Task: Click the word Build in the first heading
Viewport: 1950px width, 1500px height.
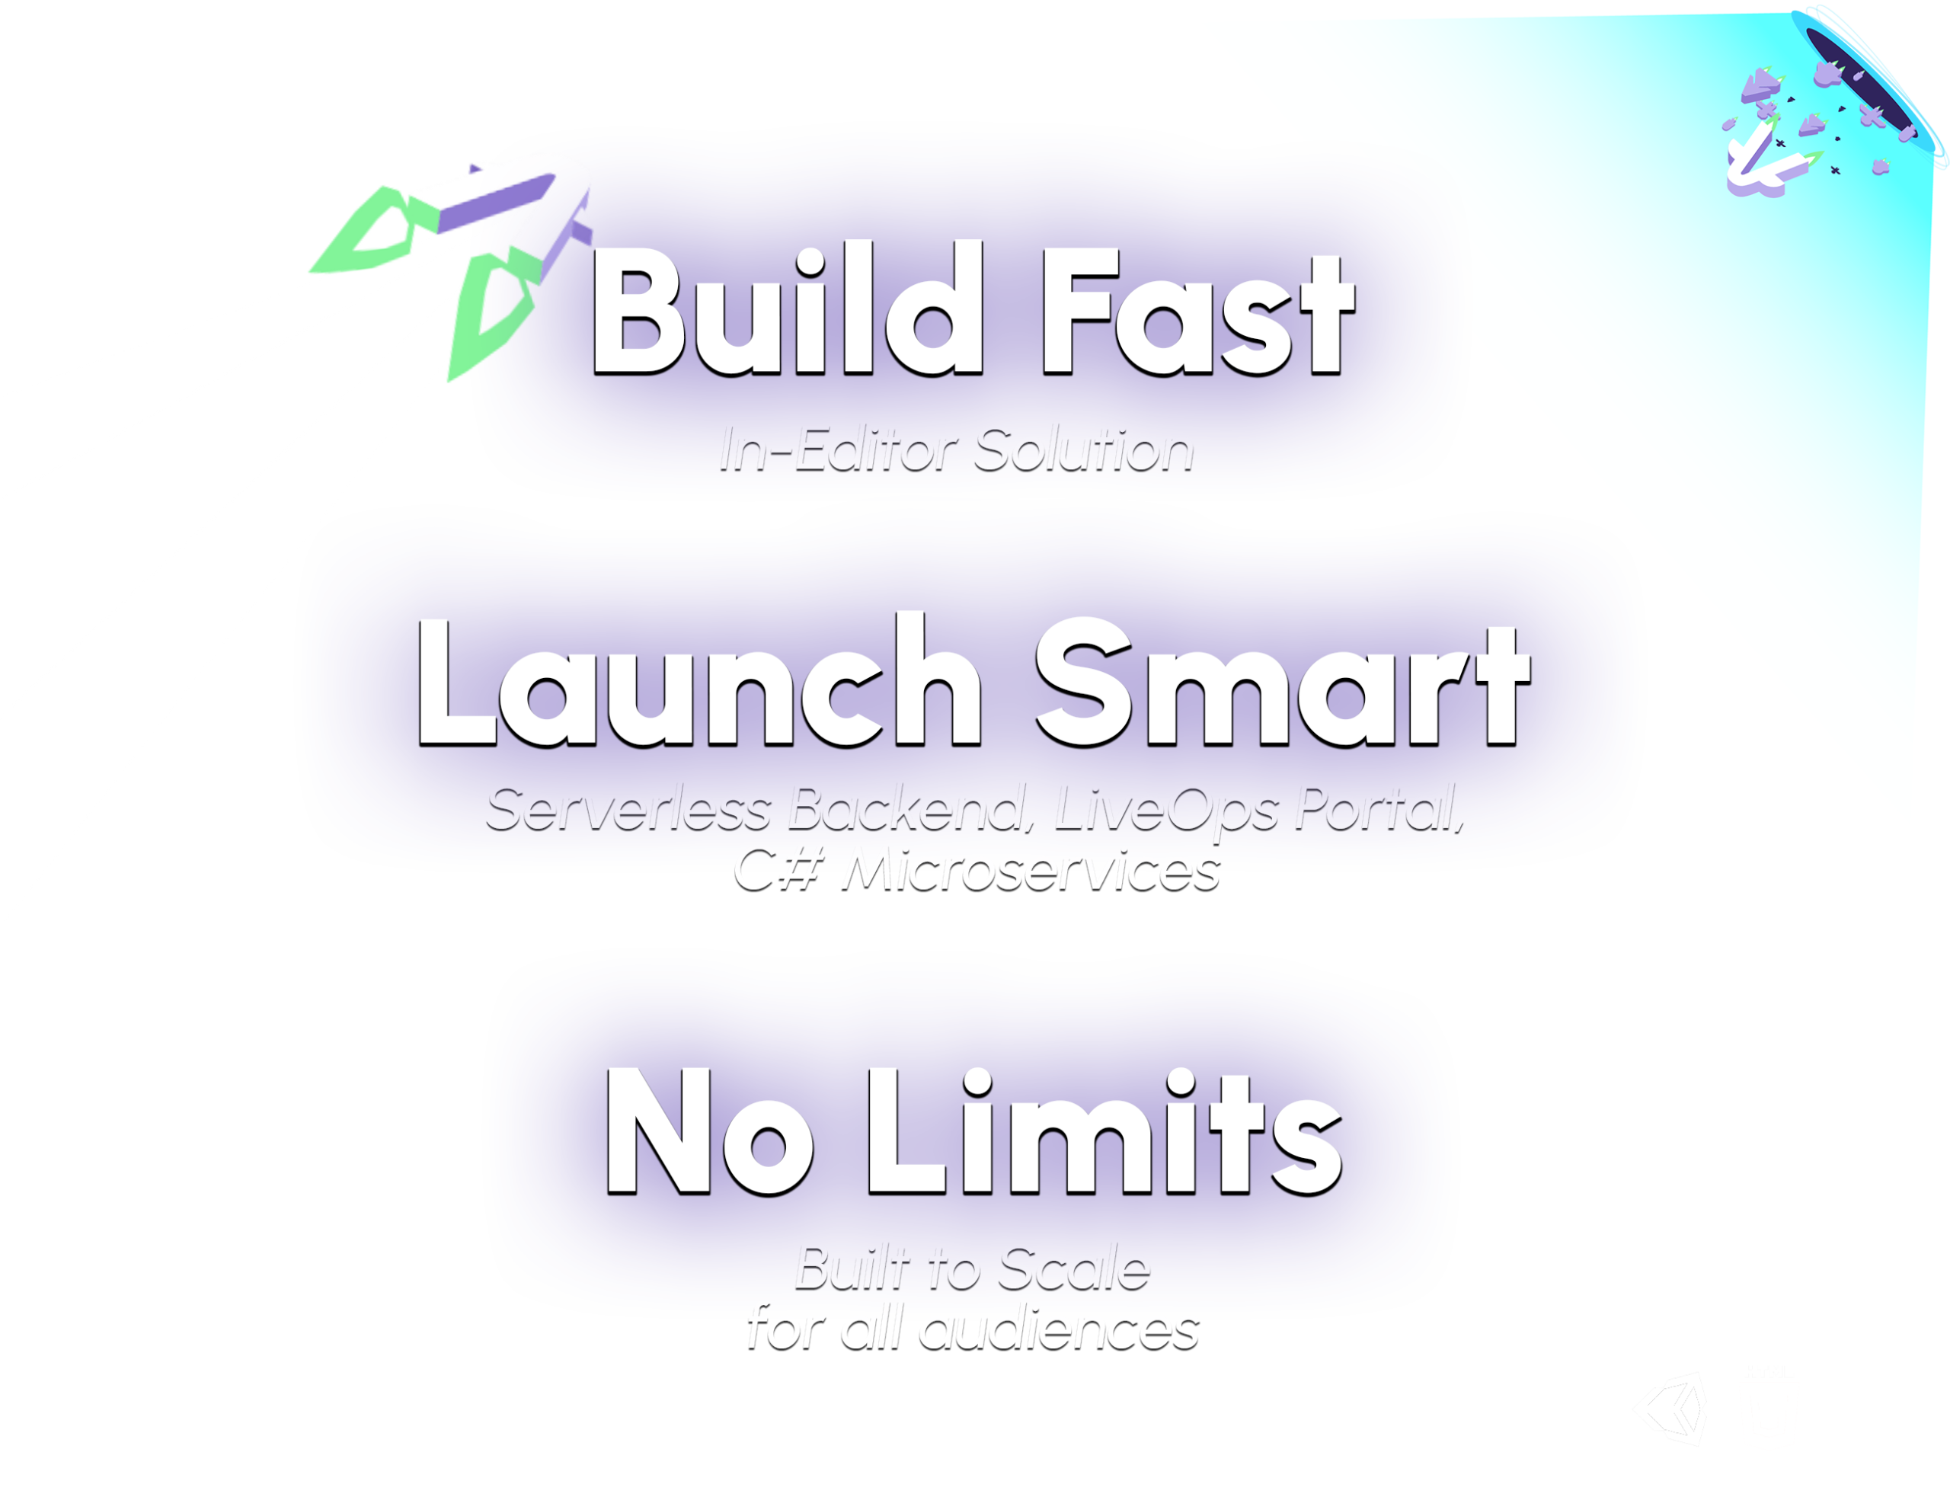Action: tap(787, 308)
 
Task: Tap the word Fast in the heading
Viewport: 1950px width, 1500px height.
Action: tap(1199, 312)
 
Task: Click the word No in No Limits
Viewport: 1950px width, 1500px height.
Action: tap(710, 1131)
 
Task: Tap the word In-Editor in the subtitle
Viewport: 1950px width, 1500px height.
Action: tap(839, 450)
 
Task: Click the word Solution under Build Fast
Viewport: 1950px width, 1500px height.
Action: tap(1083, 450)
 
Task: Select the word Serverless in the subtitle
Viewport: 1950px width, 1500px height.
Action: tap(628, 809)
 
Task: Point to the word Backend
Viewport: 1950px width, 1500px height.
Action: tap(908, 809)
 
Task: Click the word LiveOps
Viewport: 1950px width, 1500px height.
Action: tap(1167, 813)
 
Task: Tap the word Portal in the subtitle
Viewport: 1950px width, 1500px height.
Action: tap(1380, 809)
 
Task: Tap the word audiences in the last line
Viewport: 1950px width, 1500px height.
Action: tap(1059, 1331)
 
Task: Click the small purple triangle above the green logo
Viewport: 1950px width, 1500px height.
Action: tap(475, 168)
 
